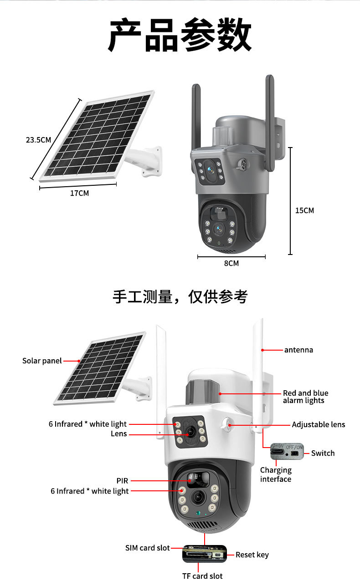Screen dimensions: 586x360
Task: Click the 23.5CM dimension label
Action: pyautogui.click(x=38, y=140)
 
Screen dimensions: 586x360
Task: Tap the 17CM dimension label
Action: pyautogui.click(x=79, y=193)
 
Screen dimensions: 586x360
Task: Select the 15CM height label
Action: pyautogui.click(x=304, y=210)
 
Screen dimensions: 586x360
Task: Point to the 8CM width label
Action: pyautogui.click(x=231, y=263)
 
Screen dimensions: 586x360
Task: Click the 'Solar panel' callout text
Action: pyautogui.click(x=42, y=361)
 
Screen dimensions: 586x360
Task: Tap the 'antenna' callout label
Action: pyautogui.click(x=298, y=350)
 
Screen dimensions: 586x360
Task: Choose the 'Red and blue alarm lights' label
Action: pyautogui.click(x=305, y=397)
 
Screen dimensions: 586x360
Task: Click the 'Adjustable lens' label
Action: pyautogui.click(x=319, y=424)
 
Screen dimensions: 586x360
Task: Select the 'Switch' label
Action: pyautogui.click(x=323, y=453)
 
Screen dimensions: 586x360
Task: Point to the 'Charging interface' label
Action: pyautogui.click(x=276, y=474)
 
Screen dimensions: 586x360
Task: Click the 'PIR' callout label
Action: pyautogui.click(x=122, y=480)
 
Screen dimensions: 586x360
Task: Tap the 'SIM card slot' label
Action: pyautogui.click(x=147, y=548)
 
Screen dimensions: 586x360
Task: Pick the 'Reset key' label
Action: pyautogui.click(x=252, y=555)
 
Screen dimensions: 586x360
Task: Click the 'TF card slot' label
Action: pyautogui.click(x=202, y=576)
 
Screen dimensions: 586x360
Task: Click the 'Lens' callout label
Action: pyautogui.click(x=118, y=434)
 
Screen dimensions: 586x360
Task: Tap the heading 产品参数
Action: pyautogui.click(x=180, y=35)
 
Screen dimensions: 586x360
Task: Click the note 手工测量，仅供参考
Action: pyautogui.click(x=180, y=296)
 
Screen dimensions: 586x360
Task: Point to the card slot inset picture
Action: pyautogui.click(x=205, y=554)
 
